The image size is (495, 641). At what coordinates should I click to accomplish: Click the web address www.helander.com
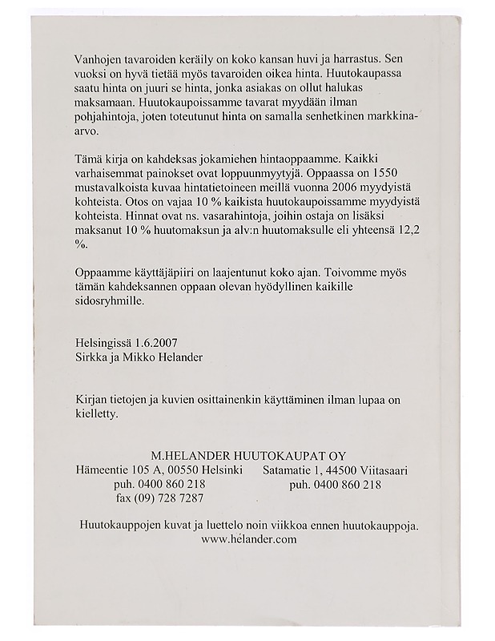coord(249,539)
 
